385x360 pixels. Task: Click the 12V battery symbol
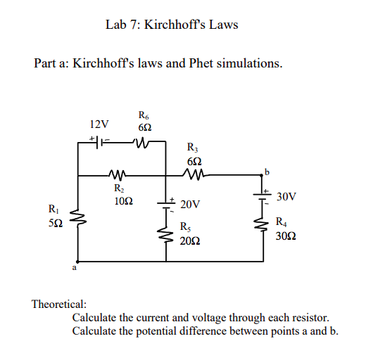(x=100, y=142)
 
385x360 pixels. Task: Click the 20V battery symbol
(x=167, y=202)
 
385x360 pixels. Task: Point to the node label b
(x=267, y=169)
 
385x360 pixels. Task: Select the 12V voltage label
(x=100, y=124)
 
